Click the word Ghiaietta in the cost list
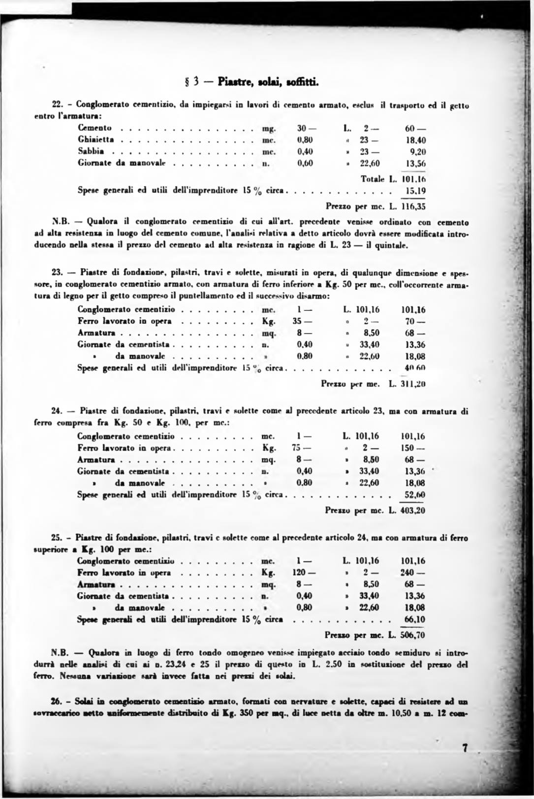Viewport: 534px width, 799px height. coord(96,140)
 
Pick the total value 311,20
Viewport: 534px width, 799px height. coord(414,384)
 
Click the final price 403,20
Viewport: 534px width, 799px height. coord(413,510)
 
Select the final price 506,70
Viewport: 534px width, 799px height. coord(413,635)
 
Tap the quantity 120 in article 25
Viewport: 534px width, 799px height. coord(302,573)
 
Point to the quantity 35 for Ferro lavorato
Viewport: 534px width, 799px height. coord(300,321)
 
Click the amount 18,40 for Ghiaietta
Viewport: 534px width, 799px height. coord(415,140)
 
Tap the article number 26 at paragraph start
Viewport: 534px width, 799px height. coord(56,702)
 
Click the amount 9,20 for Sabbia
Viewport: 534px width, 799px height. coord(417,152)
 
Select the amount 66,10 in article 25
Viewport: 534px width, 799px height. coord(414,619)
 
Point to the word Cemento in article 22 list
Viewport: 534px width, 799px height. coord(94,128)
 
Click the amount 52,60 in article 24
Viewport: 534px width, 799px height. coord(414,495)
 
